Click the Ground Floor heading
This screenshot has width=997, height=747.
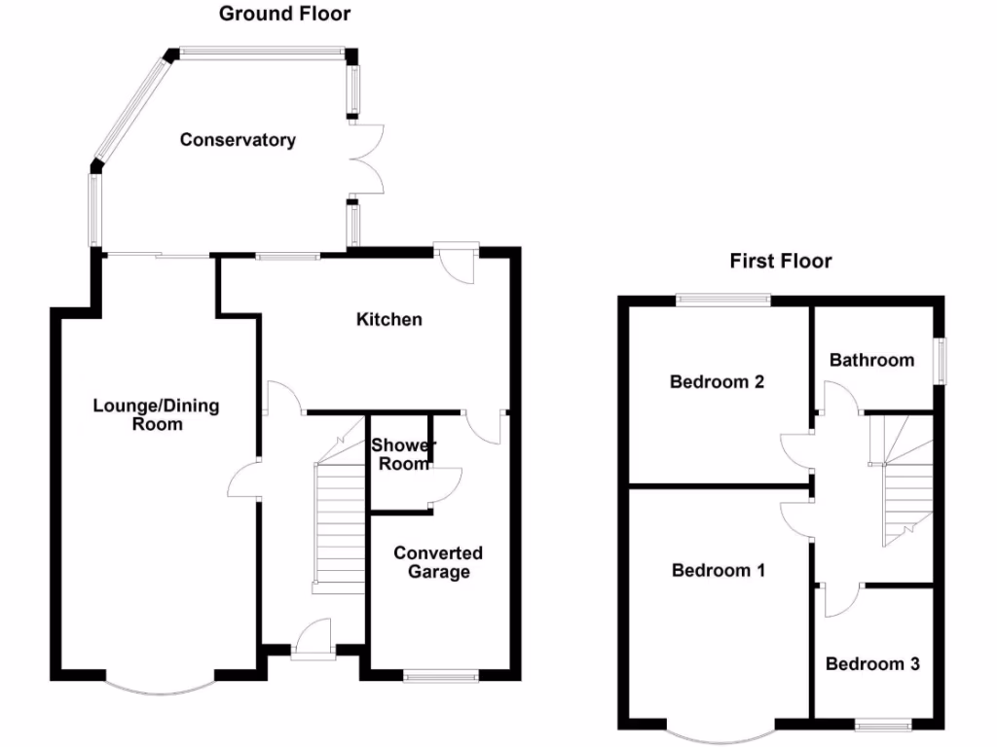(284, 14)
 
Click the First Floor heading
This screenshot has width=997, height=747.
(780, 261)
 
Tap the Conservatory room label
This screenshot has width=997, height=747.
(238, 140)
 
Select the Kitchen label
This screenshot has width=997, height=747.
(389, 319)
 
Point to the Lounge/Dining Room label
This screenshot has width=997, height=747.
(157, 414)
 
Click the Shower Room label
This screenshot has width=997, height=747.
(403, 454)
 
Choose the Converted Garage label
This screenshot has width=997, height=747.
(438, 562)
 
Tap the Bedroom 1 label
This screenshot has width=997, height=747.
(718, 570)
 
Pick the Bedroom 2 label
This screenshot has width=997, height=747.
(717, 381)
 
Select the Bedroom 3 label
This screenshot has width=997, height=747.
(872, 663)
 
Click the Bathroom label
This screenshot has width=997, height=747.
(871, 360)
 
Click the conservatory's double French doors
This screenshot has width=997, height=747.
(367, 159)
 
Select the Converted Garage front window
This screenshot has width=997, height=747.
(441, 678)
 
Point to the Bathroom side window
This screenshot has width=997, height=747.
(940, 361)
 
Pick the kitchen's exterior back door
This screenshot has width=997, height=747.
(457, 262)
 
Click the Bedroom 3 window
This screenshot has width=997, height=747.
(883, 725)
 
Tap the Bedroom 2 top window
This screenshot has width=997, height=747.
(723, 300)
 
